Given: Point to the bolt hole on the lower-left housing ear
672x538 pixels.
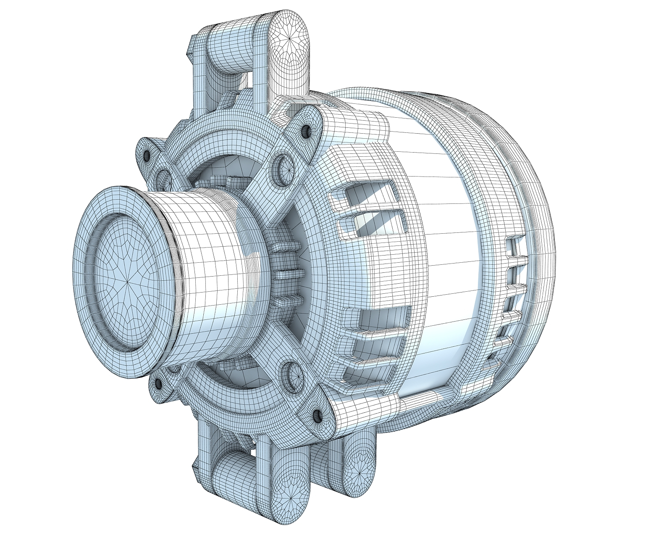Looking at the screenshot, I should [158, 383].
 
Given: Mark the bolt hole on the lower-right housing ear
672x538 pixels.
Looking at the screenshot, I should [318, 416].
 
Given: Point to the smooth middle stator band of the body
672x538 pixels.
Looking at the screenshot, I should [445, 252].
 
